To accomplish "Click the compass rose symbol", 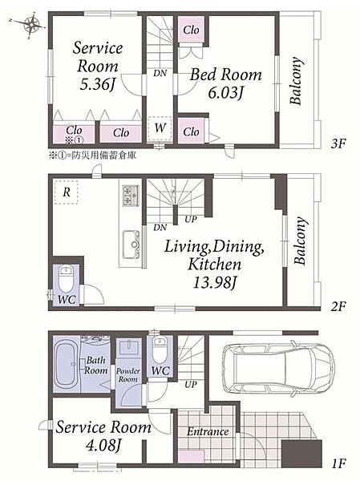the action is (31, 24).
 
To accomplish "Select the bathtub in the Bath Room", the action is (67, 364).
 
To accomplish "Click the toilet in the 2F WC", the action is (67, 278).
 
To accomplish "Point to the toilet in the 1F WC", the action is (159, 350).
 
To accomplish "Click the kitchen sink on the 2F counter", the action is (131, 245).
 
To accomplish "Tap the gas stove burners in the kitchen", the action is (131, 195).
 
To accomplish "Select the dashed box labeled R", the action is (67, 192).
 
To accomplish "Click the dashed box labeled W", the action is (160, 128).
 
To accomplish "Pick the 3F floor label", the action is (339, 143).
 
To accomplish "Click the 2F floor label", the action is (339, 306).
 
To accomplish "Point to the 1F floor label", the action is (339, 463).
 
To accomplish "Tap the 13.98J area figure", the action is (214, 283).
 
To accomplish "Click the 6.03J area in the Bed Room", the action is (225, 92).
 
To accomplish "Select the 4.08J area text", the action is (103, 444).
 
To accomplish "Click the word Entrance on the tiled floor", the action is (208, 432).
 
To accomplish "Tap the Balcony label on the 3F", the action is (297, 81).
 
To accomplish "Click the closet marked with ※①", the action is (74, 134).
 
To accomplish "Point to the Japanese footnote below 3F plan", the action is (92, 156).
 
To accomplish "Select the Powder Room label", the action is (128, 375).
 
